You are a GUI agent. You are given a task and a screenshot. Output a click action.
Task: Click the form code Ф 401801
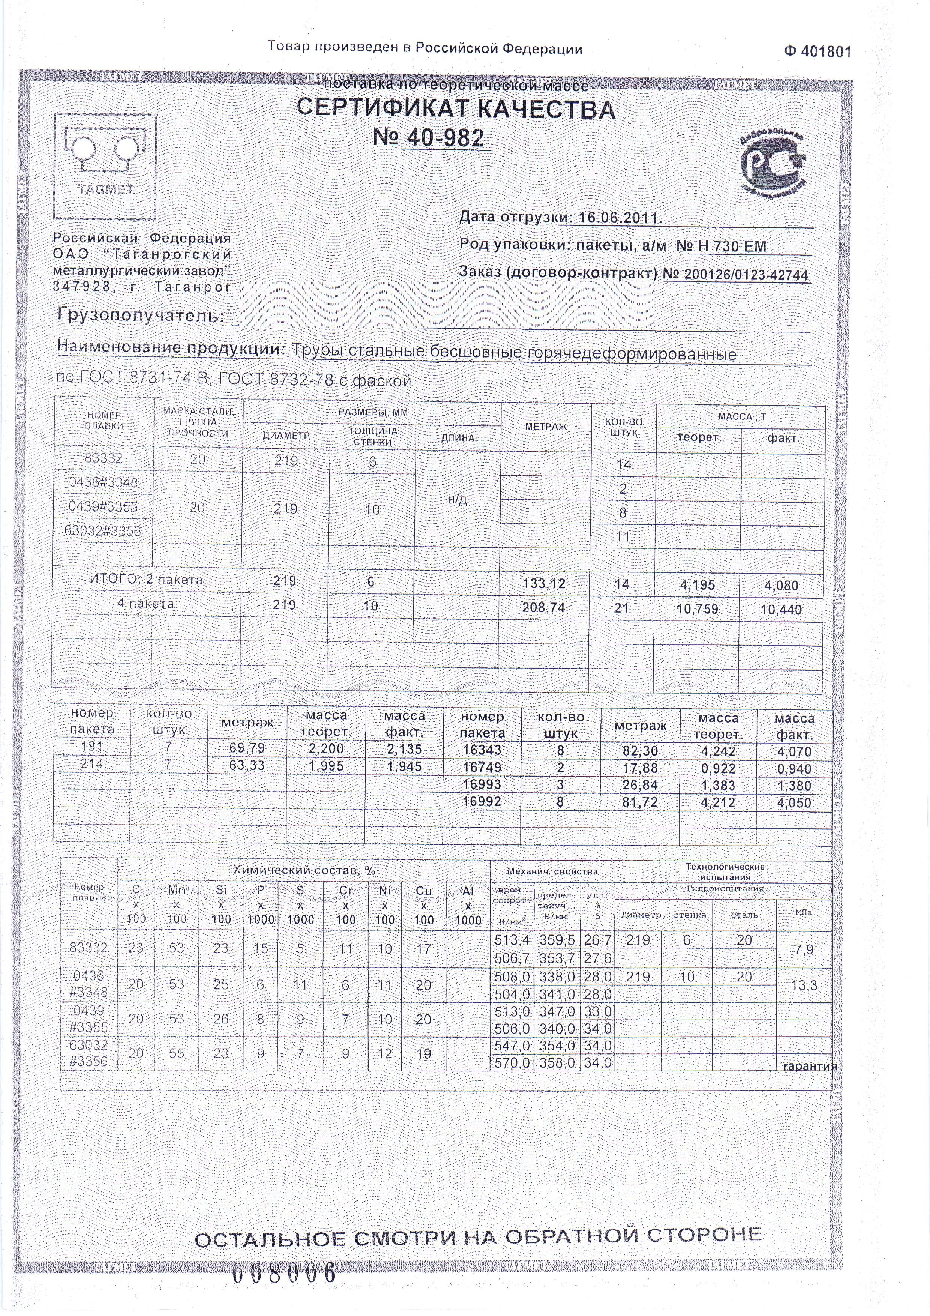point(818,52)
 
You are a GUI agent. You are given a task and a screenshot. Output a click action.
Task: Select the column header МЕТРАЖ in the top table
point(546,427)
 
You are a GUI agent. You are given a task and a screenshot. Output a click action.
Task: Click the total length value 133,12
point(544,584)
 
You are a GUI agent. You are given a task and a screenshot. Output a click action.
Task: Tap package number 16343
point(482,750)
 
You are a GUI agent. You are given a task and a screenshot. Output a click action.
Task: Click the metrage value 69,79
point(247,748)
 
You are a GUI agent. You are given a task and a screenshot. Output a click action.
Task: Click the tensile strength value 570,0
point(512,1063)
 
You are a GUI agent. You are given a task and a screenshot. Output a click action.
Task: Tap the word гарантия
point(810,1066)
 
